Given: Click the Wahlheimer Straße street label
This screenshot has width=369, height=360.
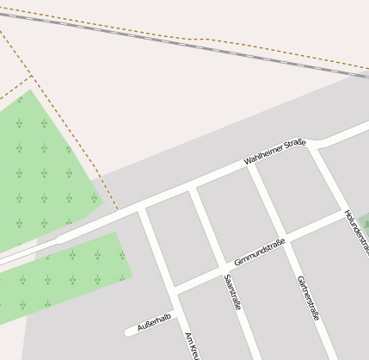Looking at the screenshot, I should (x=274, y=152).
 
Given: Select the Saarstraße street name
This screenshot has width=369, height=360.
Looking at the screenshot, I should (x=231, y=292).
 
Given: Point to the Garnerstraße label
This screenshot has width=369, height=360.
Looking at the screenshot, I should (x=307, y=298).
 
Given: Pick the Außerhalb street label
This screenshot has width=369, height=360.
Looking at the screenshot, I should (x=155, y=322).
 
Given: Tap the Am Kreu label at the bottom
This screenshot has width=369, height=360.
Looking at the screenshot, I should (x=192, y=345).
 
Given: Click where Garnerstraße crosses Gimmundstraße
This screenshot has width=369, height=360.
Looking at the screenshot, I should (x=282, y=239).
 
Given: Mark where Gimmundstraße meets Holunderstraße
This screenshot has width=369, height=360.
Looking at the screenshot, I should (x=343, y=213).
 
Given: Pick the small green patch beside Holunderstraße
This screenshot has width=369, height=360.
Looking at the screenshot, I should (x=365, y=221).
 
